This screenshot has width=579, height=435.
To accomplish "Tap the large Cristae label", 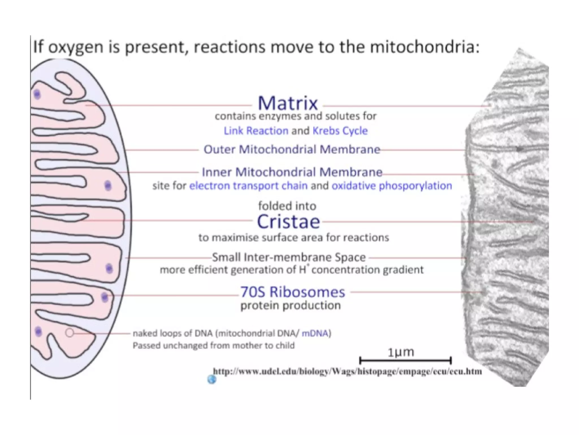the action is pos(288,222).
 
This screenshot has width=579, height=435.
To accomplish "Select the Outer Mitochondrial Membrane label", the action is pos(292,150).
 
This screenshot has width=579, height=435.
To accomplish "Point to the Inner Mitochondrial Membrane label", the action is pos(292,172).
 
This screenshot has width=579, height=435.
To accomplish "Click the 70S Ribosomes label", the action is pos(293,292).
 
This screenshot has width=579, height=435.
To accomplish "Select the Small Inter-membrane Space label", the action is pos(289,257).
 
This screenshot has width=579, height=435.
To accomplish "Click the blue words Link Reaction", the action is pos(256,131).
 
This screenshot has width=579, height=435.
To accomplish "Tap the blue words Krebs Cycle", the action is pos(340,131).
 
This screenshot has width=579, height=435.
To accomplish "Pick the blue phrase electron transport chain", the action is pos(248,186).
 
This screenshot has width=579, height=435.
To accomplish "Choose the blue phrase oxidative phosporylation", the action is pos(392,186).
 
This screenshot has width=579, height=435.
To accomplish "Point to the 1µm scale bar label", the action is pos(401,352).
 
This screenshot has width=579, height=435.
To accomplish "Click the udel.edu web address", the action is pos(347,371).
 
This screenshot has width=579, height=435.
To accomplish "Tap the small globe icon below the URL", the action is pos(212,379).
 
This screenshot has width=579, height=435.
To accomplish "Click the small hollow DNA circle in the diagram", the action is pos(70,333).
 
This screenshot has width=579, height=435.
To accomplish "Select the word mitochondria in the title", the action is pos(425,47).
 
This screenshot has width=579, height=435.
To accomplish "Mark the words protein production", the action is pos(290,306).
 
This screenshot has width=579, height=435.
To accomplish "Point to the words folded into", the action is pos(287,206).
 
